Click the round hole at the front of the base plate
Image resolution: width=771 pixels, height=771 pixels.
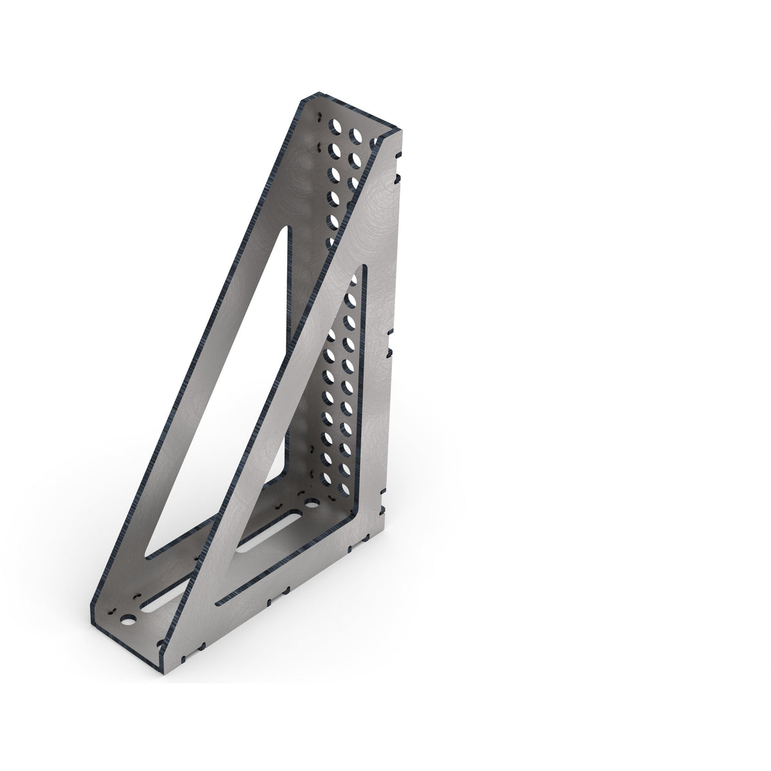pyautogui.click(x=129, y=621)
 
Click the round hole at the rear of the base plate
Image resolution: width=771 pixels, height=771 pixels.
pyautogui.click(x=313, y=506)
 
